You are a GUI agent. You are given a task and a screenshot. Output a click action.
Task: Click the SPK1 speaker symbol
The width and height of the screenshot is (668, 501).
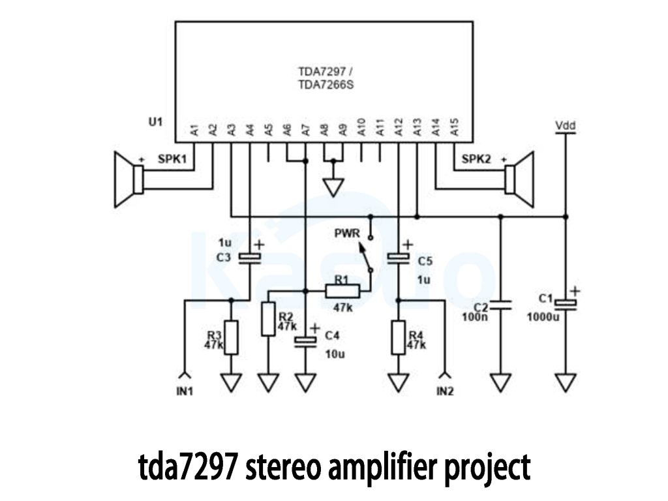tap(128, 179)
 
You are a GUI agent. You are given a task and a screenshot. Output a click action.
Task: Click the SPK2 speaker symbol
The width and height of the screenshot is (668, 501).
tap(519, 179)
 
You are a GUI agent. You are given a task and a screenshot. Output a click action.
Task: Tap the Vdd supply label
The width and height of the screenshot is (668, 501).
tap(565, 124)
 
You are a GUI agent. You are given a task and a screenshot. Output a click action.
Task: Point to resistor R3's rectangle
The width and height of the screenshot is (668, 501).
tap(230, 337)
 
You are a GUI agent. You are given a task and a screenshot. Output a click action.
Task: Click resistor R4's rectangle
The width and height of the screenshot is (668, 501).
tap(399, 337)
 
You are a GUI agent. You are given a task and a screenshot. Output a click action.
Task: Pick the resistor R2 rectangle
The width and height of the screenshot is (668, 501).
tap(268, 319)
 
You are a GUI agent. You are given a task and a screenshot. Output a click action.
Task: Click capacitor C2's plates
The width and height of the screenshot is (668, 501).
tap(500, 305)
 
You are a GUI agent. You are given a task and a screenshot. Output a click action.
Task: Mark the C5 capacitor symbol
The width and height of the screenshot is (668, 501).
tap(399, 258)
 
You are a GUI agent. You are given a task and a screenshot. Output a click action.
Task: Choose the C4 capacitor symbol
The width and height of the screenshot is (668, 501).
tap(305, 342)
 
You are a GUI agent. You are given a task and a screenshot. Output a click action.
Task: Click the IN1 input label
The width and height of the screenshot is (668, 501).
tap(185, 391)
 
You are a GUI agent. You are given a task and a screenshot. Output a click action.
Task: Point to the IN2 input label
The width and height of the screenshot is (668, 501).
tap(445, 391)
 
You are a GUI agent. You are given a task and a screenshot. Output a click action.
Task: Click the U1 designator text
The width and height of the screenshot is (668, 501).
tap(155, 121)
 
